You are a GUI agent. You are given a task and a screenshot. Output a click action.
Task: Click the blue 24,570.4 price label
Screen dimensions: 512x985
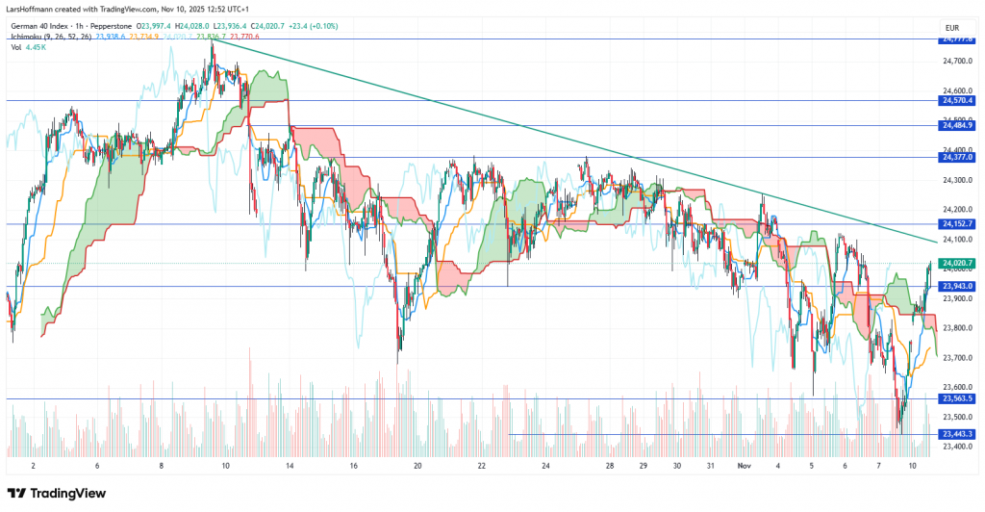(x=958, y=100)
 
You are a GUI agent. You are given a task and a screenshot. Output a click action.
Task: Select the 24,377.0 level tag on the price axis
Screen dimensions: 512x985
(x=958, y=157)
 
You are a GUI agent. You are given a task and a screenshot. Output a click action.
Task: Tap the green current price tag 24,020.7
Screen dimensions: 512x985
(x=958, y=263)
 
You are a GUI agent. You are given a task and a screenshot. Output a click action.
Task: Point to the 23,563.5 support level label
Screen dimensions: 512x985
(x=958, y=398)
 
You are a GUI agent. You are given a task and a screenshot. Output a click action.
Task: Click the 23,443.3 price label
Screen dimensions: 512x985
(x=958, y=434)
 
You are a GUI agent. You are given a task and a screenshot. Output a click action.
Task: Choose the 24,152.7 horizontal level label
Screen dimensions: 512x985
(x=958, y=224)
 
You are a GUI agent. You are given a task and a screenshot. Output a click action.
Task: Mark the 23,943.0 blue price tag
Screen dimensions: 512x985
(x=958, y=286)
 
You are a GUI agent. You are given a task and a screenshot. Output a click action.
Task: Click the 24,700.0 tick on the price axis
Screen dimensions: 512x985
(x=958, y=61)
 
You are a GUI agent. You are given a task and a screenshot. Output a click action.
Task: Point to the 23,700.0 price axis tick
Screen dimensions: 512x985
(x=958, y=358)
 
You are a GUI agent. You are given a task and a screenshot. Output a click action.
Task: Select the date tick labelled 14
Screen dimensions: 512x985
(x=290, y=465)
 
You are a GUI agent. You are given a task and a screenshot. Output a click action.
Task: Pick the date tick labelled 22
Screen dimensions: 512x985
(x=481, y=465)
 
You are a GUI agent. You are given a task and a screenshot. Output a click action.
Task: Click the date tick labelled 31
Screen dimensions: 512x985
(x=708, y=465)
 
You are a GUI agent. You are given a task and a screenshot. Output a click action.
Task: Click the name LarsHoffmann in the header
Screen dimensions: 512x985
(x=33, y=9)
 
